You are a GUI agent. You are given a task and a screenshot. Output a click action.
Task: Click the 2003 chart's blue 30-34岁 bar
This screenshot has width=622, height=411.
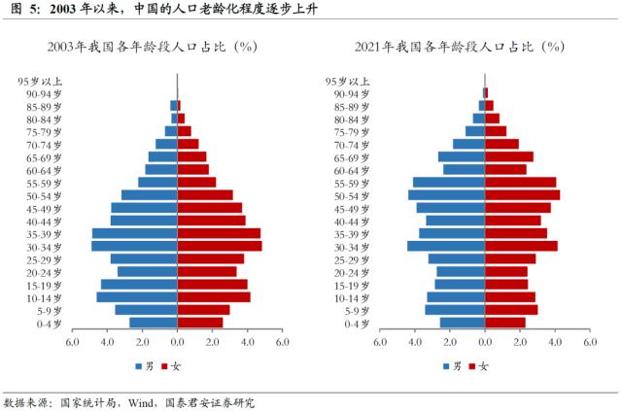134,246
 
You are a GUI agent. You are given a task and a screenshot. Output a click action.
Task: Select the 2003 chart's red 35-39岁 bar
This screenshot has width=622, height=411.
219,233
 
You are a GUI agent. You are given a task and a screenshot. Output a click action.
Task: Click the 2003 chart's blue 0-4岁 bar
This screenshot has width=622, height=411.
153,323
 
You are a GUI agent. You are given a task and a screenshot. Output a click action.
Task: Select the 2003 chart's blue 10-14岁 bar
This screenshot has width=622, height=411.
136,296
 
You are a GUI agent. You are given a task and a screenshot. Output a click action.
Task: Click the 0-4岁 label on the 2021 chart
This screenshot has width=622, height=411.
355,323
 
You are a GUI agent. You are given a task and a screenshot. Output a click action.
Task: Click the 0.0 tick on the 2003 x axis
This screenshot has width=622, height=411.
177,342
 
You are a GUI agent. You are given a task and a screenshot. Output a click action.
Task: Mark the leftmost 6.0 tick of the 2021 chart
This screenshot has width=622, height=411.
380,342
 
